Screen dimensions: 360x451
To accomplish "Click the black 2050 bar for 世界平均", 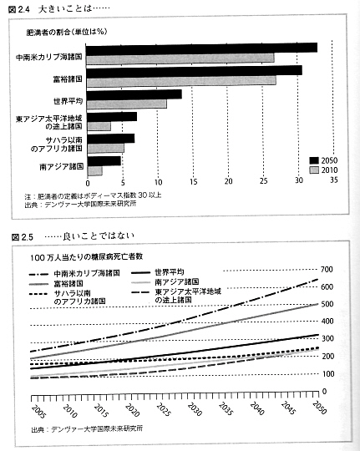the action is [134, 94].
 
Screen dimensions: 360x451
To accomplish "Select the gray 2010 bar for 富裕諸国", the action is [181, 81].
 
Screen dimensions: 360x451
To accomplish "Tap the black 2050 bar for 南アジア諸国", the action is [104, 161].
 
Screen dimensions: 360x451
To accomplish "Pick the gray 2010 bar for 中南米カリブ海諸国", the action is [180, 58].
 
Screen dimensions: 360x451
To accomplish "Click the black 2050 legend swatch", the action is [314, 160].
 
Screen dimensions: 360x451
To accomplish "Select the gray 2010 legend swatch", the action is [314, 170].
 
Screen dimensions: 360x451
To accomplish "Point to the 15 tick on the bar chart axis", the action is [194, 181].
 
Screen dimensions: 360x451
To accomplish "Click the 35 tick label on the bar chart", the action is [333, 180].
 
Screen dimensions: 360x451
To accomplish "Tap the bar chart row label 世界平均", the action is [68, 101].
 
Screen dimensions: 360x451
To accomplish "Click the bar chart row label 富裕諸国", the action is [68, 79].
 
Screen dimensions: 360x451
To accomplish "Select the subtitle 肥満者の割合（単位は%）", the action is [67, 32].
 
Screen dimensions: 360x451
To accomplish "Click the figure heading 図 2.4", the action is [19, 10].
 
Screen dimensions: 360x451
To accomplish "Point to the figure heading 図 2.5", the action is [23, 237].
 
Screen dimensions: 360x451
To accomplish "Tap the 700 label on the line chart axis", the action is [327, 270].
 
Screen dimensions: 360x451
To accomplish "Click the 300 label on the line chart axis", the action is [327, 338].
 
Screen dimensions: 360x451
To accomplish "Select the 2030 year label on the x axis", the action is [195, 408].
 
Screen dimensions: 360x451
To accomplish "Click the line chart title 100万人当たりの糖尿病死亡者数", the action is [86, 257].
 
